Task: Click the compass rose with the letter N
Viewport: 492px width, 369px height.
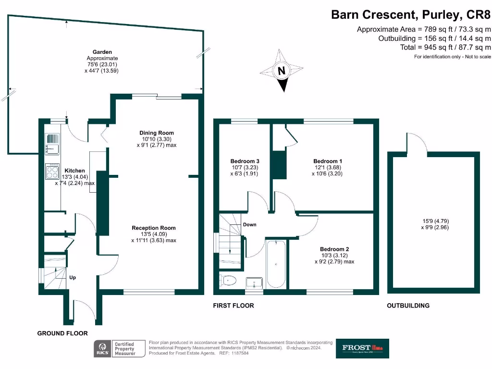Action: click(x=283, y=71)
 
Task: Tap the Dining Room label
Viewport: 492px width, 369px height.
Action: click(x=157, y=133)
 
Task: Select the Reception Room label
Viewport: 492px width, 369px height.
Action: click(x=154, y=228)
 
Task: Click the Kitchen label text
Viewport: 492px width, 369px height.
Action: click(x=75, y=171)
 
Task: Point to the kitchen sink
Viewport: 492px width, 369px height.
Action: click(x=52, y=143)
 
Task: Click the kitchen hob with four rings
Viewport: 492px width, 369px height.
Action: click(x=52, y=172)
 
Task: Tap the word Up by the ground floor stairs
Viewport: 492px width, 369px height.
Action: click(x=73, y=278)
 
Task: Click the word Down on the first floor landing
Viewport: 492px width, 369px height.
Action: click(x=249, y=224)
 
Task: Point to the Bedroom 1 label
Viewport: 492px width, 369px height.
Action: click(x=328, y=161)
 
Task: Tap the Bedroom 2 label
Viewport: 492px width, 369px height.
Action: click(x=334, y=249)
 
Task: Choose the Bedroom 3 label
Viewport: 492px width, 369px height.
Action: click(x=245, y=161)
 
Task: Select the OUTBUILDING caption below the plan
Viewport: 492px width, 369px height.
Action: click(x=408, y=306)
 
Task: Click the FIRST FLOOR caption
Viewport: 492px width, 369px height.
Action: click(x=234, y=306)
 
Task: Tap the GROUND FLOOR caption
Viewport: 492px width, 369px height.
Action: click(x=62, y=333)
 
